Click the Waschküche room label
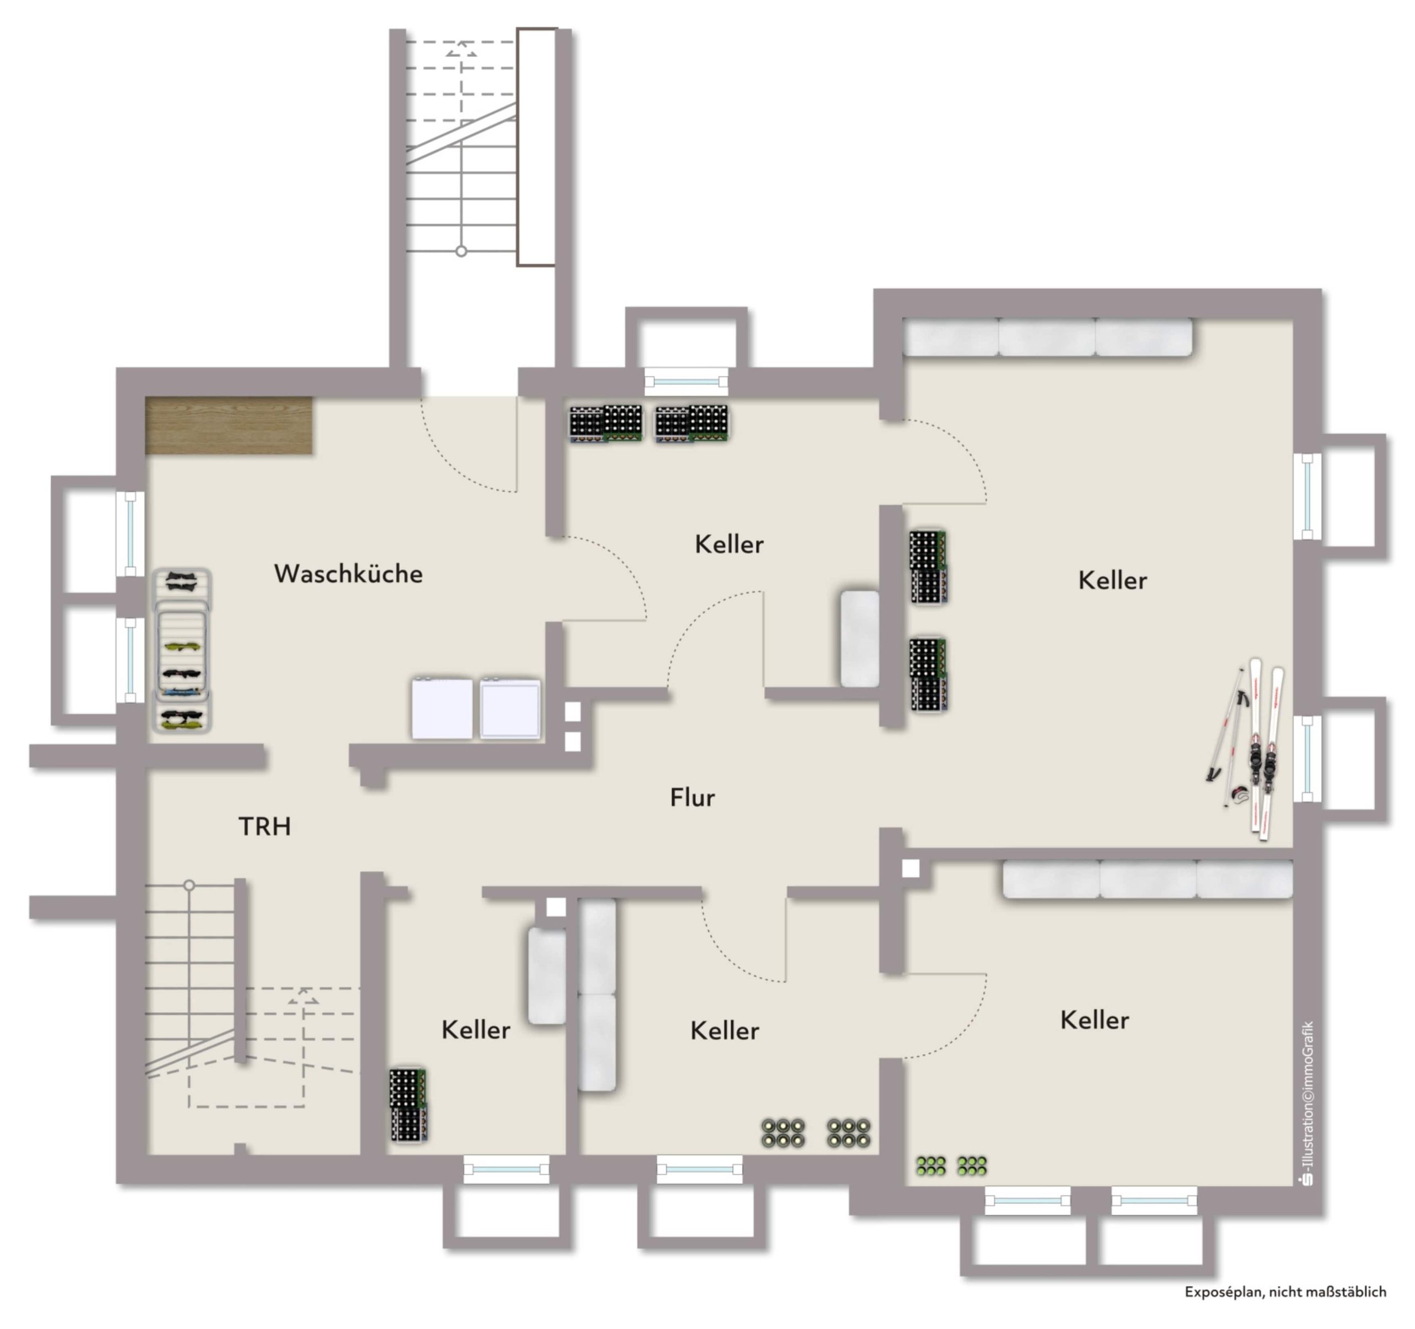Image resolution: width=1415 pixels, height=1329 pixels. point(348,573)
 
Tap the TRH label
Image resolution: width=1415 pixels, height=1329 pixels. point(264,826)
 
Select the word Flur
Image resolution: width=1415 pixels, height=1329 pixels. point(692,797)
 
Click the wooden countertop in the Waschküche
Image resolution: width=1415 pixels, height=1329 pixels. point(228,425)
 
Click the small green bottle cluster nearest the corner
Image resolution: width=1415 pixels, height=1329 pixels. point(931,1165)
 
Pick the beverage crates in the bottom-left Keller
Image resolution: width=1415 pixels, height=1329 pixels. point(408,1105)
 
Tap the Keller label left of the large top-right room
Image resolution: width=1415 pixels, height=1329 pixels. point(729,544)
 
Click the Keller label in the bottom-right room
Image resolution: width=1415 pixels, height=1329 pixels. point(1094,1020)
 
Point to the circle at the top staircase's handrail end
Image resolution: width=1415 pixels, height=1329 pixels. point(461,251)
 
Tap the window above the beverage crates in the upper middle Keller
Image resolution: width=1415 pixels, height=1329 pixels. point(686,382)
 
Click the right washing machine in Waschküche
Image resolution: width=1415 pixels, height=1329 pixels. point(510,709)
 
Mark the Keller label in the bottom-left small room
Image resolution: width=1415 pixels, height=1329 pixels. point(475,1030)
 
